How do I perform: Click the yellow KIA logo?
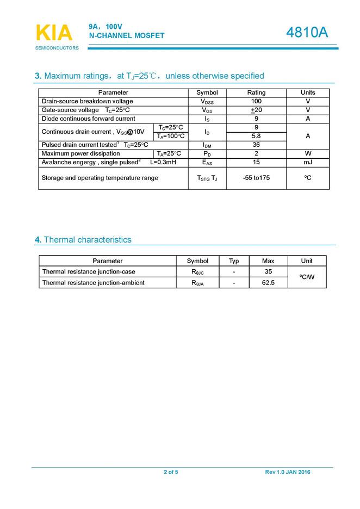click(54, 33)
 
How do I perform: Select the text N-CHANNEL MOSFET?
click(127, 36)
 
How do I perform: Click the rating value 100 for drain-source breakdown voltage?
click(256, 101)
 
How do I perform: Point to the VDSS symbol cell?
click(207, 102)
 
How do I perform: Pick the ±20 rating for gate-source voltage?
click(256, 110)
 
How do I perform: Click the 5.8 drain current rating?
click(256, 136)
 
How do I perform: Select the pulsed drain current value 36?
click(256, 145)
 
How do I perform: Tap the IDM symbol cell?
click(207, 145)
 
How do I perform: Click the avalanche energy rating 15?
click(256, 162)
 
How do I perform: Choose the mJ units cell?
click(308, 162)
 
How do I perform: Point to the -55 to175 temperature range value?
click(256, 178)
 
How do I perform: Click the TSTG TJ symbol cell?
click(207, 178)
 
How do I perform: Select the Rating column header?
click(256, 92)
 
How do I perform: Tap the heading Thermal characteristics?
click(87, 240)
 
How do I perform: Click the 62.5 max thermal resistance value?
click(268, 283)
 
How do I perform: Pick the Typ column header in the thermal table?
click(234, 261)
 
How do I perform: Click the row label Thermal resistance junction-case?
click(89, 271)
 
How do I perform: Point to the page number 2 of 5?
click(171, 472)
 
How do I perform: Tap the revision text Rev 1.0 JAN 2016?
click(288, 472)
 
